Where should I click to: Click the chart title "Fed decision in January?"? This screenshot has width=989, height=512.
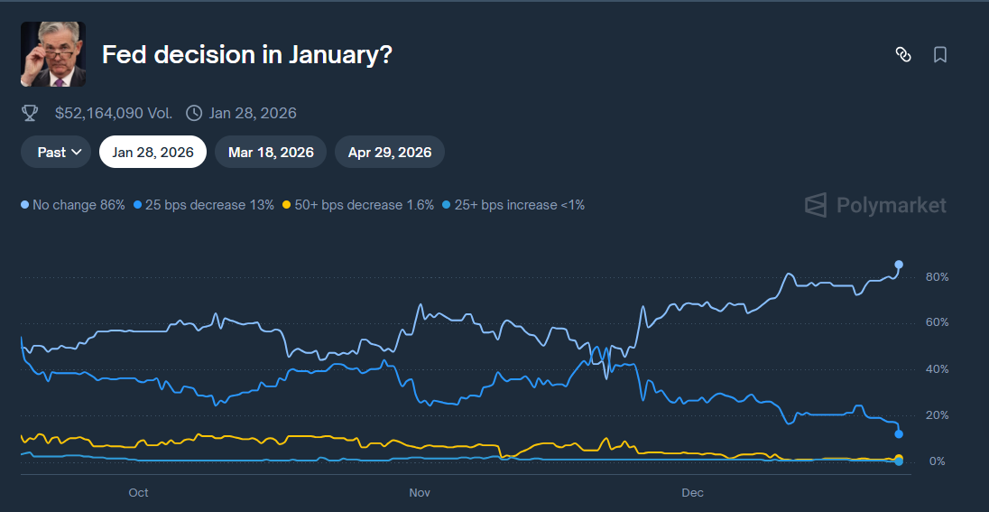click(x=246, y=55)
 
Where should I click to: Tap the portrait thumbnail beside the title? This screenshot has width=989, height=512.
click(x=53, y=54)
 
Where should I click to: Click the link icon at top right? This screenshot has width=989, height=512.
click(x=902, y=55)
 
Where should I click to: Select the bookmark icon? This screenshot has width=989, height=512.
click(x=939, y=55)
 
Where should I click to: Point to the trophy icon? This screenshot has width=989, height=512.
click(x=30, y=113)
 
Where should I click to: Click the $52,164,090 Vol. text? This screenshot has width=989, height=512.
click(x=113, y=113)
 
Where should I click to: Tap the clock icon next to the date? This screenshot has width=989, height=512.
click(x=194, y=113)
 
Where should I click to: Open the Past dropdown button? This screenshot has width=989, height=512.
click(x=56, y=152)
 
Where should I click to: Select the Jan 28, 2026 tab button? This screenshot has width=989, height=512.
click(x=153, y=152)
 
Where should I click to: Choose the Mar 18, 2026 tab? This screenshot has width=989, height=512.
click(x=271, y=152)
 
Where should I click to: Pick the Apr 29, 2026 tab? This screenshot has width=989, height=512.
click(x=389, y=152)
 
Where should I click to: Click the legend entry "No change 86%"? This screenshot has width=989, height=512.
click(x=73, y=205)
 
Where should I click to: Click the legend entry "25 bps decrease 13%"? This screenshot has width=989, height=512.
click(x=203, y=205)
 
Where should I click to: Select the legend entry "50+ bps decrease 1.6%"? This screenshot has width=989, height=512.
click(x=358, y=205)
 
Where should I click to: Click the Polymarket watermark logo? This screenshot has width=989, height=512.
click(x=875, y=205)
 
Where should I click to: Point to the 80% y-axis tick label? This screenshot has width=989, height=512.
click(x=937, y=276)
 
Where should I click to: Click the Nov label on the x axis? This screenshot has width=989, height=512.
click(x=420, y=493)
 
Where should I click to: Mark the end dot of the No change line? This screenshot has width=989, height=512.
click(x=899, y=265)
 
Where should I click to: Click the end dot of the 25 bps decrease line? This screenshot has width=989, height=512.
click(x=899, y=434)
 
